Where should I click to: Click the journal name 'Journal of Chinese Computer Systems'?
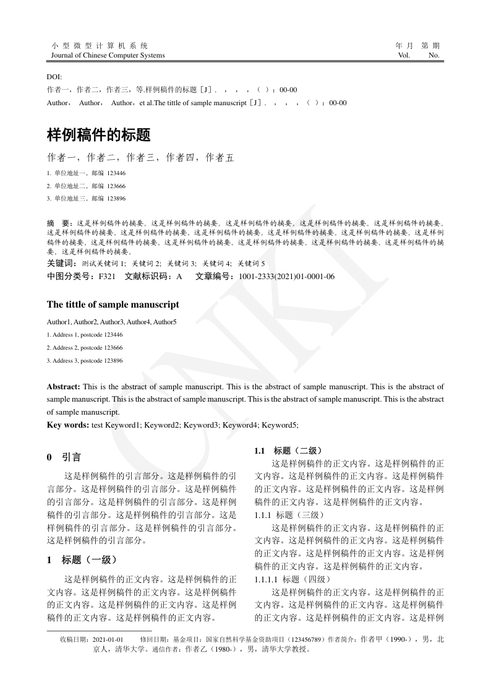click(x=106, y=55)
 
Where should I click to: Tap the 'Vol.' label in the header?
click(x=404, y=55)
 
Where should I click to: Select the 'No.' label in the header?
click(x=433, y=55)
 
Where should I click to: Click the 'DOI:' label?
click(x=54, y=77)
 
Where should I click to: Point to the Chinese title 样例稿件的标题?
click(x=99, y=134)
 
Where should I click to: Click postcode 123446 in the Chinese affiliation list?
click(x=116, y=173)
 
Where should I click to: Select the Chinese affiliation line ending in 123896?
click(x=86, y=199)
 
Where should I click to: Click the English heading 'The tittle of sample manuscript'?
click(x=113, y=304)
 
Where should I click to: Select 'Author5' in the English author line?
click(x=165, y=322)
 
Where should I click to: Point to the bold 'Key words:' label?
click(x=68, y=425)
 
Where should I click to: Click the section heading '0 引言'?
click(x=64, y=457)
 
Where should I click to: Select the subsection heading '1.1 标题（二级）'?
click(x=288, y=451)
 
